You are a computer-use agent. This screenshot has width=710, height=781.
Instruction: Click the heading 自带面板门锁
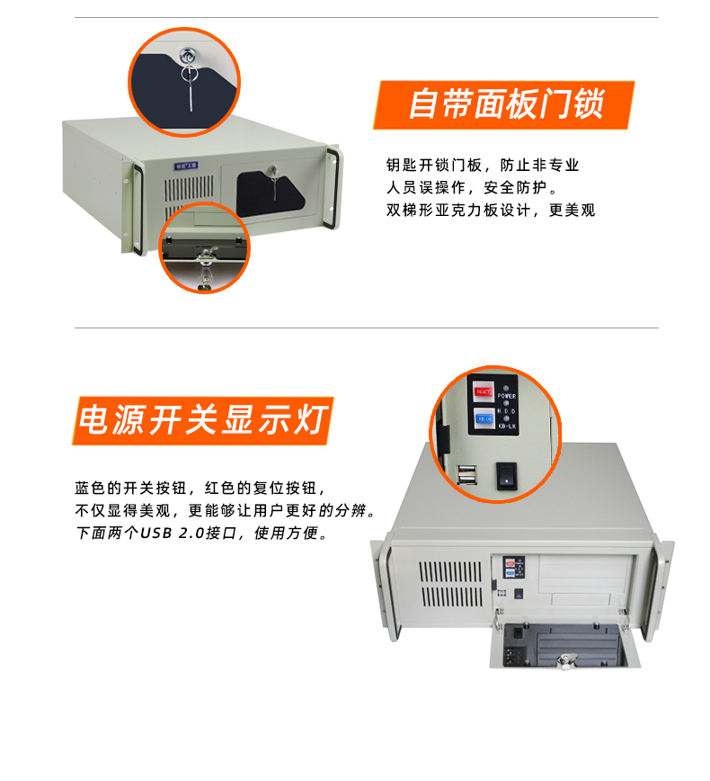point(505,104)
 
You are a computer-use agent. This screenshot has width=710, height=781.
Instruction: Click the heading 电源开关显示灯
point(204,420)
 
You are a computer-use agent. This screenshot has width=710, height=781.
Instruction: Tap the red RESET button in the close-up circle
point(484,391)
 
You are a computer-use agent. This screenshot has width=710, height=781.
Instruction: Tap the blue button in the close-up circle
point(484,419)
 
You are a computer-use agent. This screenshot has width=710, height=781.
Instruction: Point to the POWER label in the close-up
point(507,396)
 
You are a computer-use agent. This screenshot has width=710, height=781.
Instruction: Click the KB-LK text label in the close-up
point(507,426)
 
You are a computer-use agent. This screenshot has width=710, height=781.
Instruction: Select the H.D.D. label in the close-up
point(507,411)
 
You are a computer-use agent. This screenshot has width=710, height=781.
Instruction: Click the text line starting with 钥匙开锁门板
point(483,166)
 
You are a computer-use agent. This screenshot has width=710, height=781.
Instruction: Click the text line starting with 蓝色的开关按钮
point(198,488)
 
